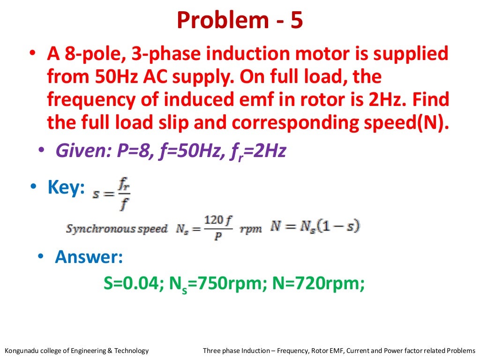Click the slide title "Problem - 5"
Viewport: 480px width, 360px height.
click(x=240, y=20)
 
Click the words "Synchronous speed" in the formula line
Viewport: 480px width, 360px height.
click(x=117, y=229)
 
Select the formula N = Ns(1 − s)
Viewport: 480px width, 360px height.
click(x=315, y=227)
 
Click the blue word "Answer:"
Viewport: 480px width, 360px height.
click(x=89, y=257)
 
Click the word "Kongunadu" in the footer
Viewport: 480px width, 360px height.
click(x=21, y=351)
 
